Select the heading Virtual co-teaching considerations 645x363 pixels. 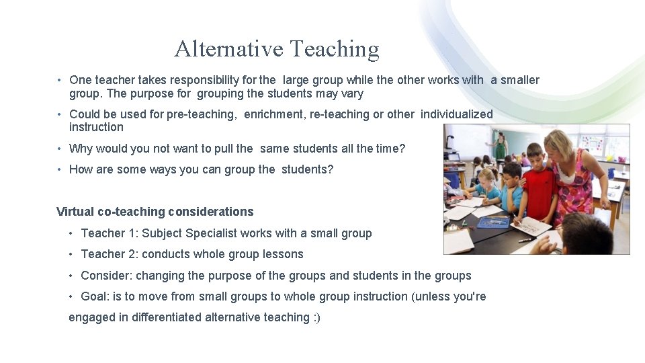[x=155, y=212]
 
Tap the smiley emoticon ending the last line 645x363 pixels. [x=316, y=317]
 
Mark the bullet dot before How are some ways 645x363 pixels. [x=60, y=169]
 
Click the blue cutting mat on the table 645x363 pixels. [x=494, y=223]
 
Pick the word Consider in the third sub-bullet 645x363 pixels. [x=103, y=276]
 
